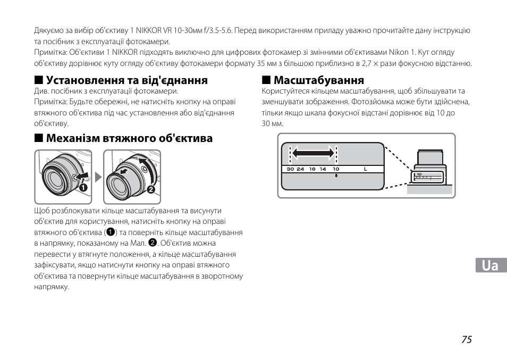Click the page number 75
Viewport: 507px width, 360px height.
click(x=466, y=340)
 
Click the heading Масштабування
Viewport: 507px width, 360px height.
click(x=319, y=80)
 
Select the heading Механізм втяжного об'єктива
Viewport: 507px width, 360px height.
click(x=129, y=139)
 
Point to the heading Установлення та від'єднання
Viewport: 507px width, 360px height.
click(x=126, y=80)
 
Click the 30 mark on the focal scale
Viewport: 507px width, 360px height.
click(x=290, y=169)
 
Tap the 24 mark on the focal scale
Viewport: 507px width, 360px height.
click(x=301, y=169)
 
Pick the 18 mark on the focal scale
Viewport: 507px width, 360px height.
click(x=312, y=169)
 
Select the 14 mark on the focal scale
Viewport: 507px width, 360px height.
click(x=323, y=169)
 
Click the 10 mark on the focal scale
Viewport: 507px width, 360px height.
click(x=336, y=169)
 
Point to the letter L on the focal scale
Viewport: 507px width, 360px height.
click(x=366, y=169)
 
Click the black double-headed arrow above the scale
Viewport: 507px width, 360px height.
click(x=314, y=153)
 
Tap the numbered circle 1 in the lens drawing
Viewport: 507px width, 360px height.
click(x=83, y=188)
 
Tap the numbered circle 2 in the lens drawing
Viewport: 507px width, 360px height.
click(x=151, y=190)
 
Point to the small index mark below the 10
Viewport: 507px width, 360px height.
click(x=336, y=175)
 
